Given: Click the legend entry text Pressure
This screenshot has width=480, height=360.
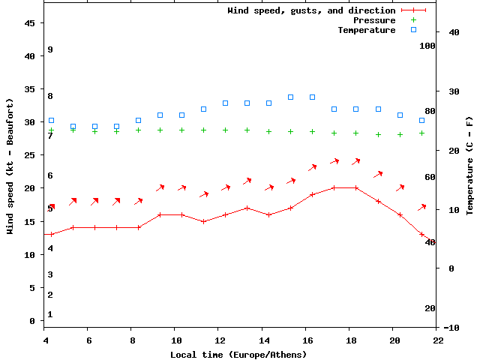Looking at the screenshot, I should [374, 20].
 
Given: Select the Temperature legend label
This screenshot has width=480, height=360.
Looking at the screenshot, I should [366, 30].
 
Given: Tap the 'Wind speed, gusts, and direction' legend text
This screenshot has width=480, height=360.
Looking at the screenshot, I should [311, 10].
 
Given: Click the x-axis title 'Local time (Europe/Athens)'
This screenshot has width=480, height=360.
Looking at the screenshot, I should [238, 354].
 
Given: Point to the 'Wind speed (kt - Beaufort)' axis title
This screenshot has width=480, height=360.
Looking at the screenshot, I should [10, 166].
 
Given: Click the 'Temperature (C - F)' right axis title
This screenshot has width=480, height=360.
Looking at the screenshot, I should [469, 166].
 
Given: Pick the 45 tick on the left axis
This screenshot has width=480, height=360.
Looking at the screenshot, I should [30, 23].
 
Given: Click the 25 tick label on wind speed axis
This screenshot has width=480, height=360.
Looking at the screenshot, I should [30, 155].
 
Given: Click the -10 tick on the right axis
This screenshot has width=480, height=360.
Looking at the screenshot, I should [452, 328].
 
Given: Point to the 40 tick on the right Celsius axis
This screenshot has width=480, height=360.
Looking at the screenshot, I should [452, 32].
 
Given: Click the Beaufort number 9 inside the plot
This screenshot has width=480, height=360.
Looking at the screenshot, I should [49, 49].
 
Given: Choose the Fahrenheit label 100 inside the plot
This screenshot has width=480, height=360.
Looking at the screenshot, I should [427, 46].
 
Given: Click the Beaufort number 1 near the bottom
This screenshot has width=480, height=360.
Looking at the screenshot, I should [49, 314].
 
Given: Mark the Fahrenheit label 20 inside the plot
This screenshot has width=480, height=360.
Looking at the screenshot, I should [430, 308].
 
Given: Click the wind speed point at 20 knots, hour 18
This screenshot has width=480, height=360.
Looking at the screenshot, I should [356, 187].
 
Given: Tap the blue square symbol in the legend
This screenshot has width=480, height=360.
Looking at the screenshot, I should [413, 30].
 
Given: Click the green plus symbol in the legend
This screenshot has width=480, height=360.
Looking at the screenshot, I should [413, 20].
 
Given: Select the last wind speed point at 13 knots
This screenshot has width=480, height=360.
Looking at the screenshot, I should [422, 234].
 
